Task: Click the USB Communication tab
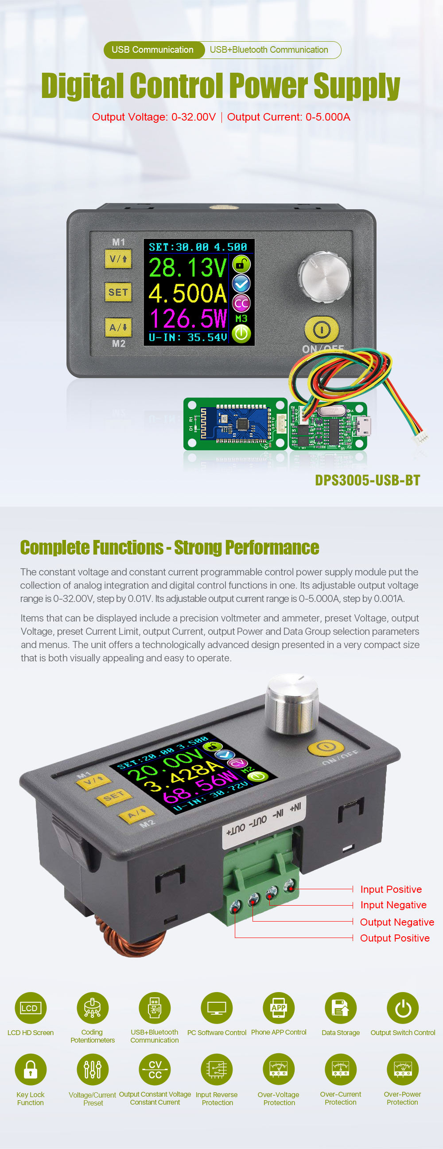point(152,50)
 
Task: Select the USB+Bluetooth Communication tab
point(269,50)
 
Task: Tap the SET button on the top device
point(118,292)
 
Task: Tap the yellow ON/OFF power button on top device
point(321,330)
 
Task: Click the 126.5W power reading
point(188,318)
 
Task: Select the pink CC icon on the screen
point(241,304)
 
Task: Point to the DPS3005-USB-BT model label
point(367,480)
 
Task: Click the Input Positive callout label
point(391,889)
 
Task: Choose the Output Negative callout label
point(396,922)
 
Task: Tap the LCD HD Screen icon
point(30,1008)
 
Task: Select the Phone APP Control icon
point(279,1008)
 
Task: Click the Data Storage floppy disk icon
point(341,1008)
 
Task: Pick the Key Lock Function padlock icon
point(30,1069)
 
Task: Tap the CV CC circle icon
point(155,1069)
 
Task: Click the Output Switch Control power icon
point(403,1008)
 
